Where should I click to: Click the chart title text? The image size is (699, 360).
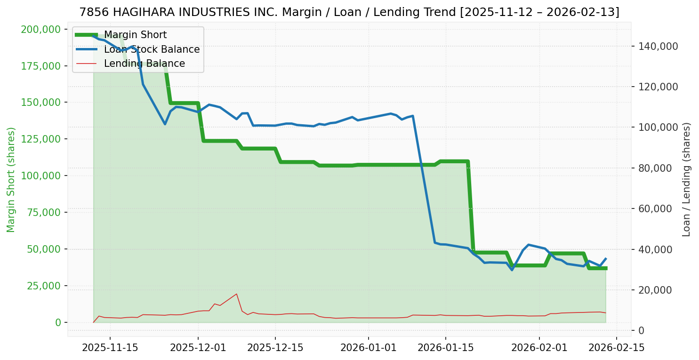349,12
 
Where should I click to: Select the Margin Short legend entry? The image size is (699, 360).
135,35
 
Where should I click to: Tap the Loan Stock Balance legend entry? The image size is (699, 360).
152,49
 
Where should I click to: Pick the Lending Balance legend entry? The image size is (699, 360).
144,64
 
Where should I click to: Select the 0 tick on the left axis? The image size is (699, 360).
58,322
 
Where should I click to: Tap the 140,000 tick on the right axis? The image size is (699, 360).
658,46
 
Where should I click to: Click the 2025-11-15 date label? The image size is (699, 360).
110,348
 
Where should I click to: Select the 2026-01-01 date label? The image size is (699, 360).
368,348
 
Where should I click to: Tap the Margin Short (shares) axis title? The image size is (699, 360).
11,179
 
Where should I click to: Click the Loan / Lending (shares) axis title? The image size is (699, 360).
686,179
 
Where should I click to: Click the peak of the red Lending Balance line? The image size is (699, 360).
236,294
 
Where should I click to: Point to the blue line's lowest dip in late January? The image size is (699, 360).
512,270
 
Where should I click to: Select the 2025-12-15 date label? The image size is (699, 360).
275,348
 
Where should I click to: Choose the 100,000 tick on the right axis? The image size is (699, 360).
658,128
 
